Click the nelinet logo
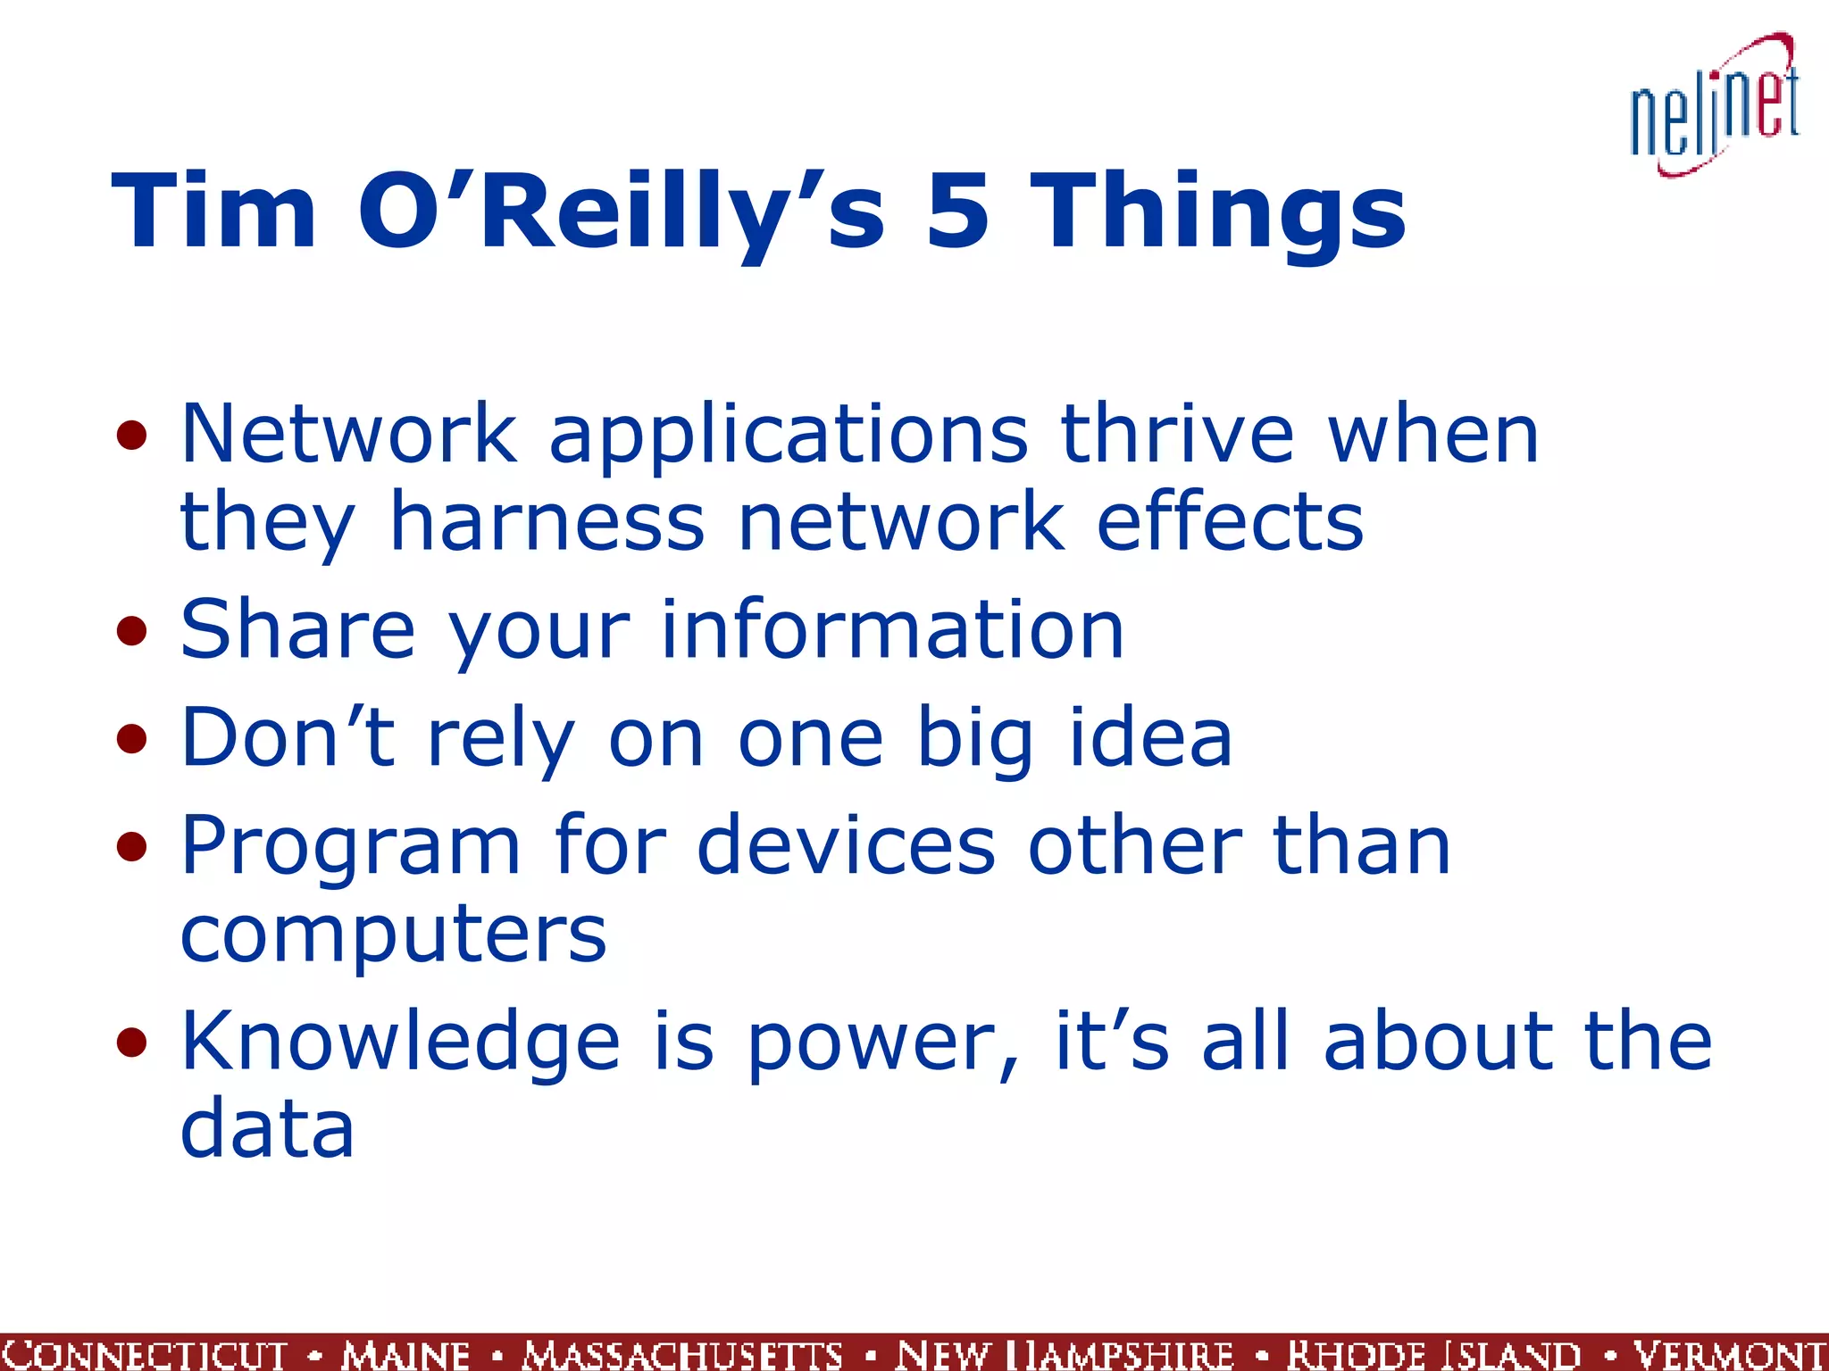coord(1714,107)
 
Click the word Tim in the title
coord(213,212)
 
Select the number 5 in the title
coord(957,212)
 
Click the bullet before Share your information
coord(131,632)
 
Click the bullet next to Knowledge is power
coord(131,1043)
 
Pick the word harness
coord(547,521)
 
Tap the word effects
coord(1230,521)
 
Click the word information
coord(892,630)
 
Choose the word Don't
coord(288,738)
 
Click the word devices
coord(845,845)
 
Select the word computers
coord(393,935)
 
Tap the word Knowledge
coord(400,1043)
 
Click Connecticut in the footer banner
coord(143,1354)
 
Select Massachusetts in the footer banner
coord(682,1354)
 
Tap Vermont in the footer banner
coord(1729,1354)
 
